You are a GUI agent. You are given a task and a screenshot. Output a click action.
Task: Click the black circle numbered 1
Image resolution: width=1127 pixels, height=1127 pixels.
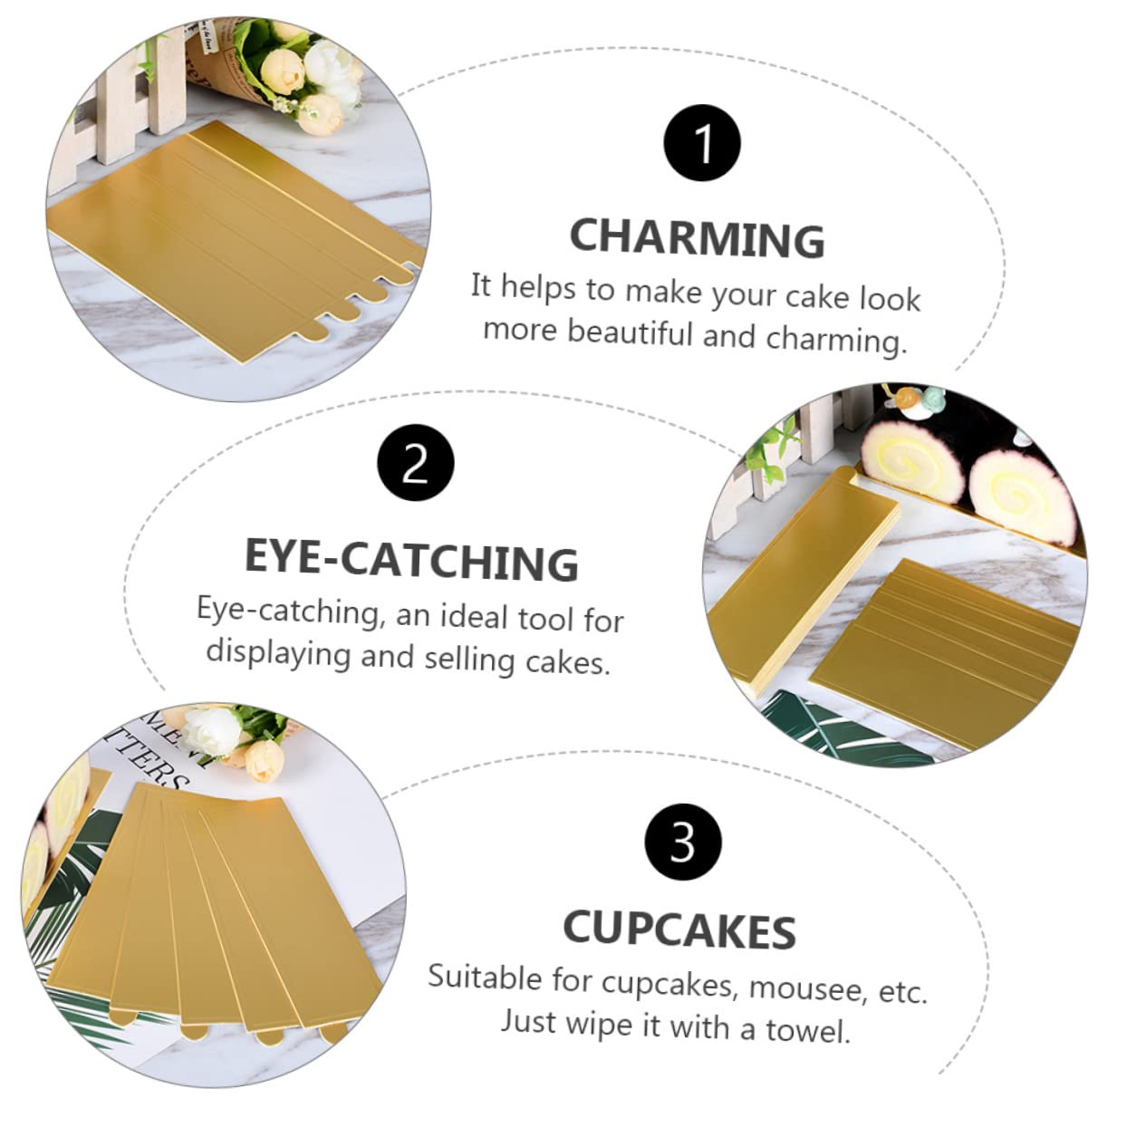702,144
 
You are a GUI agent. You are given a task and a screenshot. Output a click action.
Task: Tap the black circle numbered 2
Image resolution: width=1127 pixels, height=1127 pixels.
415,463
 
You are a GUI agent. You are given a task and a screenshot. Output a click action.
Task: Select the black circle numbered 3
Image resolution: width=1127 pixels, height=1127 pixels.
683,842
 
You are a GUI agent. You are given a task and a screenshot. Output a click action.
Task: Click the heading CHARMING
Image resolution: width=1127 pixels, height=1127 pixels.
697,237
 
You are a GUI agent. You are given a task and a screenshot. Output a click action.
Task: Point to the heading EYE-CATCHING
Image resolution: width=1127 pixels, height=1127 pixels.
411,559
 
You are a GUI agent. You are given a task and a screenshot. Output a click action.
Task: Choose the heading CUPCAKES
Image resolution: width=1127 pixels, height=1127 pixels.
679,930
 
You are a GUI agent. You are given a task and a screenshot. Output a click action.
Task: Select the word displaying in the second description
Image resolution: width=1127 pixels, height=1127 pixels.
278,652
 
